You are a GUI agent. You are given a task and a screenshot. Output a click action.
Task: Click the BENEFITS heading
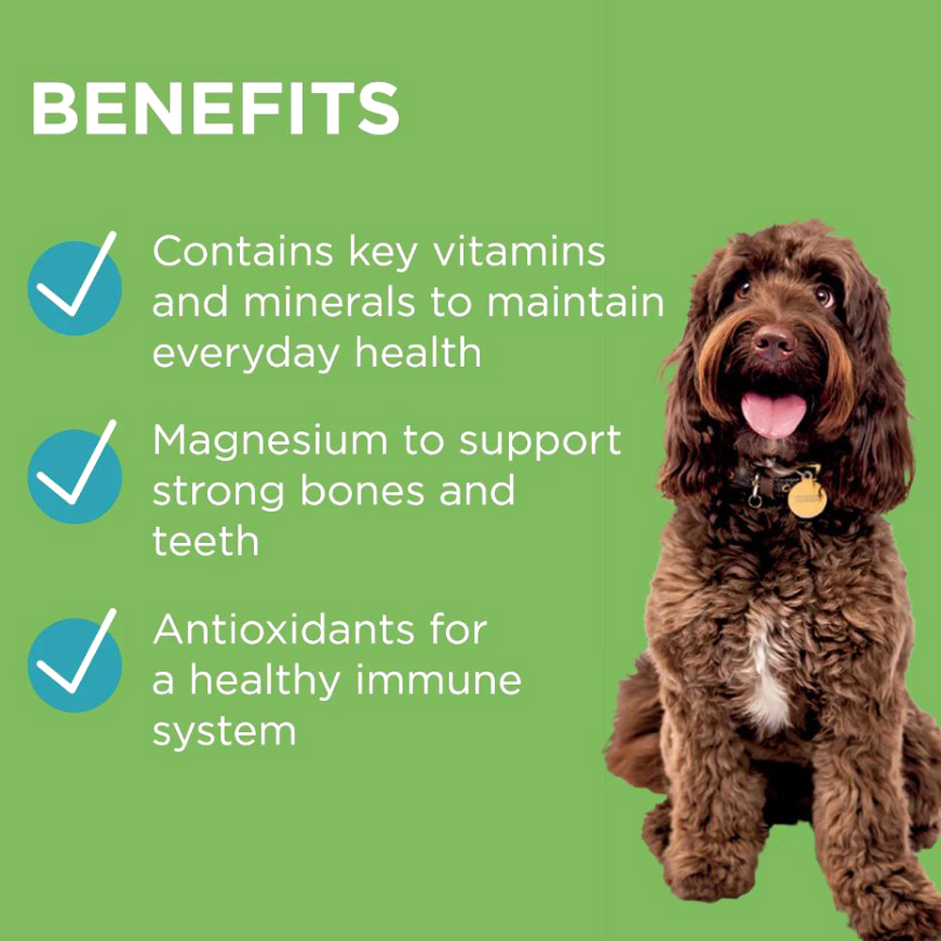pos(215,108)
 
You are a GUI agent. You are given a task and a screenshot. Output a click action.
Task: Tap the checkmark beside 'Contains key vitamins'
pos(74,283)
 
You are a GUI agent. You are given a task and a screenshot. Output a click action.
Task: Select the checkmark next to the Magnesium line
pos(74,471)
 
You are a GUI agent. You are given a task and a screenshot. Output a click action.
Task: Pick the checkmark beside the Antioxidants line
pos(74,661)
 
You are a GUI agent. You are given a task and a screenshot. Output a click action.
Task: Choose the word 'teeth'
pos(205,541)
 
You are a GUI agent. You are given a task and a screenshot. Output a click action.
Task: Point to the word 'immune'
pos(439,680)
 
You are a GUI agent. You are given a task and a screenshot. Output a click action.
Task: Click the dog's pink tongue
pos(773,414)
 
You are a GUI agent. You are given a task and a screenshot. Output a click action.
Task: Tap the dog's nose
pos(774,343)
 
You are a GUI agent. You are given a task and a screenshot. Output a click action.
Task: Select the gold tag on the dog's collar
pos(807,498)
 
